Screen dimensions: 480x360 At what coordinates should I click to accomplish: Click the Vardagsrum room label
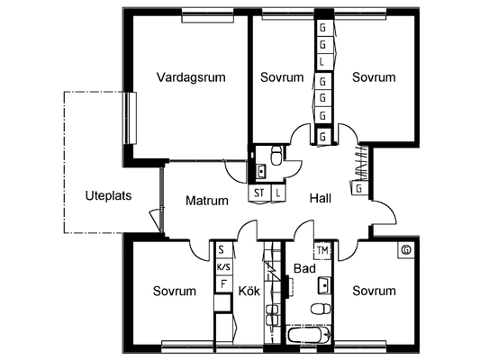(191, 77)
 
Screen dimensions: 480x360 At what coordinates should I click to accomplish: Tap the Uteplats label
(108, 196)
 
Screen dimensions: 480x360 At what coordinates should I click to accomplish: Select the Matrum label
(207, 201)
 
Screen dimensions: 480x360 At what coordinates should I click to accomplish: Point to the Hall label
(321, 198)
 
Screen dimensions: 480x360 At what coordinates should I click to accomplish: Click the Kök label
(249, 291)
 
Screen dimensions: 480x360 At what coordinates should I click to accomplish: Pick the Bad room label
(304, 268)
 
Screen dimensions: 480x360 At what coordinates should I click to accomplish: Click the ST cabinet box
(259, 193)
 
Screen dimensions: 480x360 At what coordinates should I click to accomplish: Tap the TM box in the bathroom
(323, 251)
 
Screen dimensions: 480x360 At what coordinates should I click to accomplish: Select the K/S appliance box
(223, 267)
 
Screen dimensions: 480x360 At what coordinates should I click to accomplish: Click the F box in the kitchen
(223, 284)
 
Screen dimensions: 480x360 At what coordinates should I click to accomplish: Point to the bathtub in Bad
(309, 335)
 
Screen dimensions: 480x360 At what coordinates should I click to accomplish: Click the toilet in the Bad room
(321, 309)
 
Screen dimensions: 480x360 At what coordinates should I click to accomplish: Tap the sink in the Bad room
(324, 285)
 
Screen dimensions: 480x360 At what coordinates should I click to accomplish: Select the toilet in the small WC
(276, 156)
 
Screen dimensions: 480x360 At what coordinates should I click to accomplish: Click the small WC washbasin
(261, 171)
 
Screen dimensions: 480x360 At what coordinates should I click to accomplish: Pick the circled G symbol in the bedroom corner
(406, 250)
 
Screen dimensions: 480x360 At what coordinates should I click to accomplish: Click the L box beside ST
(278, 193)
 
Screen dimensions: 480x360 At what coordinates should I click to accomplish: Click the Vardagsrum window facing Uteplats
(130, 118)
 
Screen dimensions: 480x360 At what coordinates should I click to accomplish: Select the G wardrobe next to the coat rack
(359, 188)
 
